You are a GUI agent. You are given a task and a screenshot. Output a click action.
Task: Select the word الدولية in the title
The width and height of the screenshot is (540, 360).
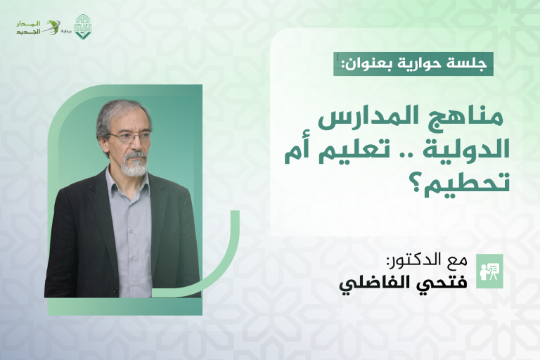tap(468, 150)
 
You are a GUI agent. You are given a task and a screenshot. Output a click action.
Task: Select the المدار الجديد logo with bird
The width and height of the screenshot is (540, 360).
tap(39, 27)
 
